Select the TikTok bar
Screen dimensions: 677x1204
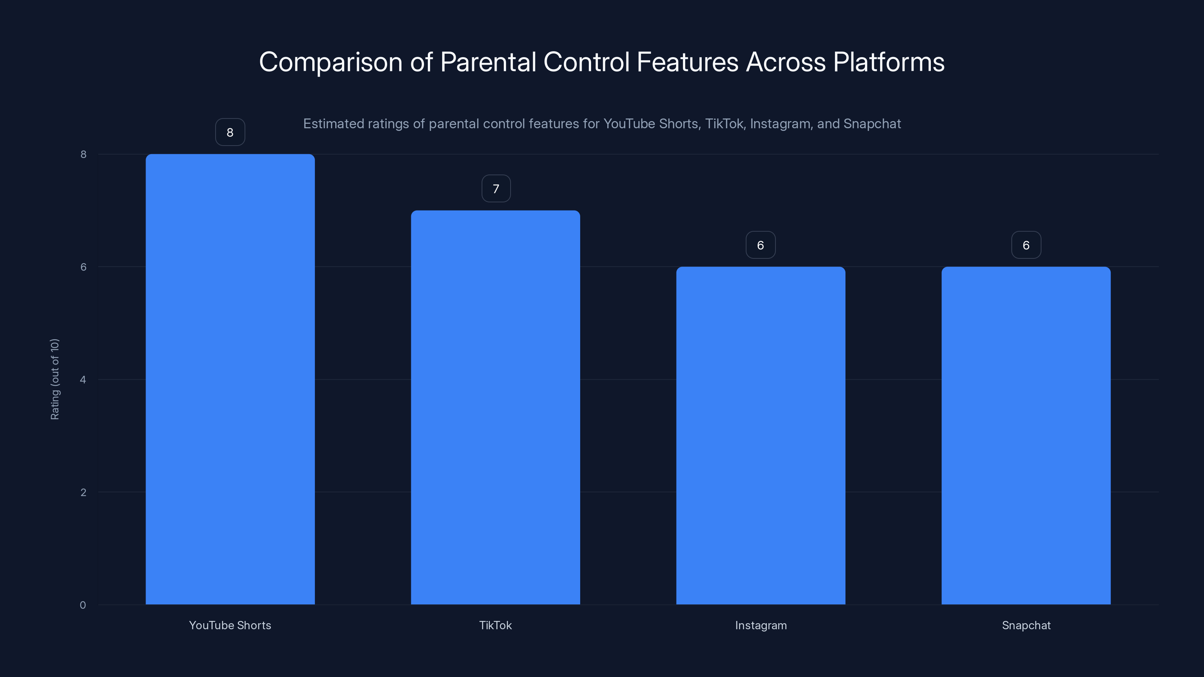tap(496, 407)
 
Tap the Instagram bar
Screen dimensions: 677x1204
tap(760, 436)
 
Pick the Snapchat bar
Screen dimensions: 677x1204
tap(1026, 436)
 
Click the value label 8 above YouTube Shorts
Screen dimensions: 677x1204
tap(230, 132)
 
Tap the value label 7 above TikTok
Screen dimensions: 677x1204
tap(496, 189)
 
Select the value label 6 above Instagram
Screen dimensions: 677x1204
tap(760, 245)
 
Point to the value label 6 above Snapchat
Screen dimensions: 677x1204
tap(1026, 245)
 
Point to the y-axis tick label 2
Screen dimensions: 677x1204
tap(83, 492)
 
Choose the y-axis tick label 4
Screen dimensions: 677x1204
tap(83, 379)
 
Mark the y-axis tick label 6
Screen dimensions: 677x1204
tap(83, 267)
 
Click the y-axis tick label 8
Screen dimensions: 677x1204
tap(83, 154)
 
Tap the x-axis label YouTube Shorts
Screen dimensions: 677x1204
tap(230, 625)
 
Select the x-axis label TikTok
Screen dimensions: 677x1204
tap(496, 625)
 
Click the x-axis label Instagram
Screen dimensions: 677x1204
tap(760, 625)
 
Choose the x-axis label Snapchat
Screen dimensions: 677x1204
tap(1026, 625)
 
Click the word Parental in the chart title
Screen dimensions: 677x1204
tap(488, 62)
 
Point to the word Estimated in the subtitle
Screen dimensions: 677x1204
tap(333, 124)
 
